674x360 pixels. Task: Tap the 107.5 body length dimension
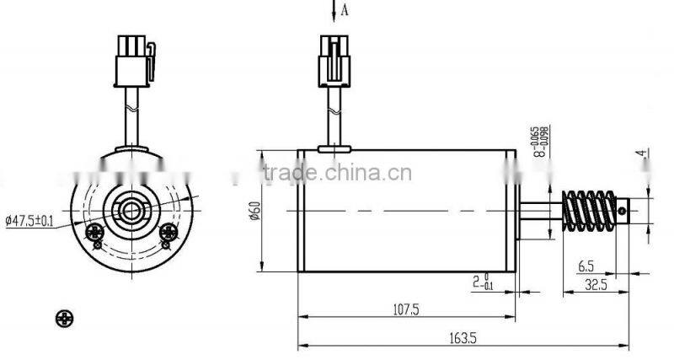(x=406, y=309)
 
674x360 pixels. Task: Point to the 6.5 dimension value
(x=586, y=266)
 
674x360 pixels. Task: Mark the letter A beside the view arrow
(x=344, y=9)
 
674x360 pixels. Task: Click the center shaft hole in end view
(x=131, y=205)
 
